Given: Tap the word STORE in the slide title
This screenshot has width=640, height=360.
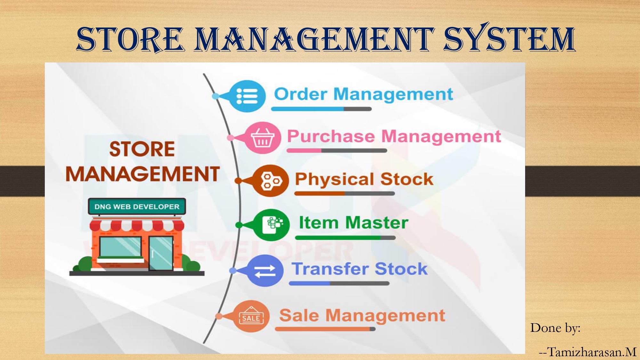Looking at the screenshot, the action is [x=130, y=39].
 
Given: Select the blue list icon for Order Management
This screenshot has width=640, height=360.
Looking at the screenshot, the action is [x=247, y=96].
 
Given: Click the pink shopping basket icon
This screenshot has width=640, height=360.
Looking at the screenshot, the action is [x=262, y=138].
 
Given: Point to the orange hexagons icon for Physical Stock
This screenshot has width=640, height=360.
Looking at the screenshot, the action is [x=271, y=181].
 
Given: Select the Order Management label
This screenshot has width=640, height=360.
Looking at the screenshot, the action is [x=364, y=94].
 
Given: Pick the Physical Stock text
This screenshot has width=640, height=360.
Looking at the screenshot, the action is [x=364, y=179].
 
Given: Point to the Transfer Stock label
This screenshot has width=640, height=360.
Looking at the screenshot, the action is [x=359, y=268].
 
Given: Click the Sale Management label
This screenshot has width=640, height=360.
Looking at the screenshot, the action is [x=362, y=316].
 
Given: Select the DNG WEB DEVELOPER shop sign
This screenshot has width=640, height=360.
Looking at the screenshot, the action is [x=137, y=206].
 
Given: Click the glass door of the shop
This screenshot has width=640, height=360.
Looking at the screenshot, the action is [x=161, y=253].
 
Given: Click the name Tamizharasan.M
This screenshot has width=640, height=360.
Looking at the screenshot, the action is [x=592, y=352].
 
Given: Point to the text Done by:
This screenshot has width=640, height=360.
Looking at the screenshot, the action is [x=556, y=328].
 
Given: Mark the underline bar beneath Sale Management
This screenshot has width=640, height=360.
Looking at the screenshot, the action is [x=325, y=329].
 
